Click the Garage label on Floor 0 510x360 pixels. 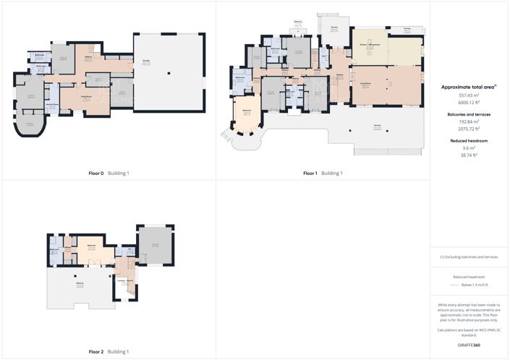click(x=146, y=62)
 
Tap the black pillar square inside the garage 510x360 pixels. click(x=168, y=72)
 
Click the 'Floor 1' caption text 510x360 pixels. click(x=310, y=173)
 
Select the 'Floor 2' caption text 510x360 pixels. click(x=96, y=351)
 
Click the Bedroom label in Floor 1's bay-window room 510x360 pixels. click(x=247, y=111)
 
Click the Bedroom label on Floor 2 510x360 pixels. click(x=92, y=245)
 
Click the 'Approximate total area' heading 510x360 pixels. click(x=467, y=87)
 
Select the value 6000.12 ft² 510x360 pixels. click(x=469, y=102)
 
